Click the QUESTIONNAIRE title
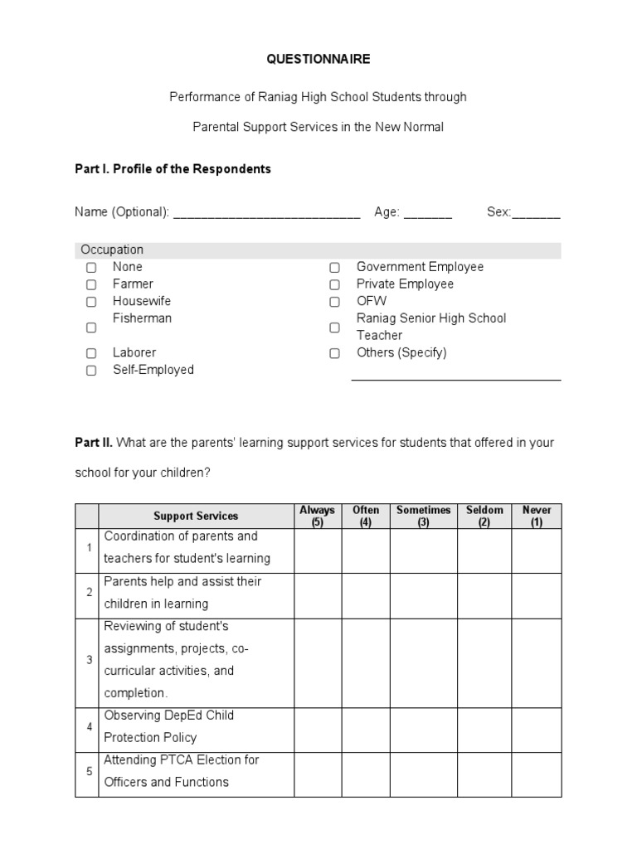click(x=318, y=60)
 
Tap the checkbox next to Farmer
click(x=91, y=284)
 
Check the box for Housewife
click(x=91, y=302)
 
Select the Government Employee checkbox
click(x=334, y=268)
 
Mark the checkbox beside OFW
click(x=334, y=302)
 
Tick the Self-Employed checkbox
click(x=91, y=371)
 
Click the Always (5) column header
click(x=317, y=516)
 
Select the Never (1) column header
click(x=536, y=516)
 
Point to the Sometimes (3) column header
click(x=423, y=516)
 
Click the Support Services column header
click(x=196, y=517)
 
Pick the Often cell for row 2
click(x=366, y=595)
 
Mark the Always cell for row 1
click(x=317, y=551)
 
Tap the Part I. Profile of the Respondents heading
click(x=173, y=169)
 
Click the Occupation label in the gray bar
click(x=112, y=250)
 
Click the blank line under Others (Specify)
click(x=456, y=378)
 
